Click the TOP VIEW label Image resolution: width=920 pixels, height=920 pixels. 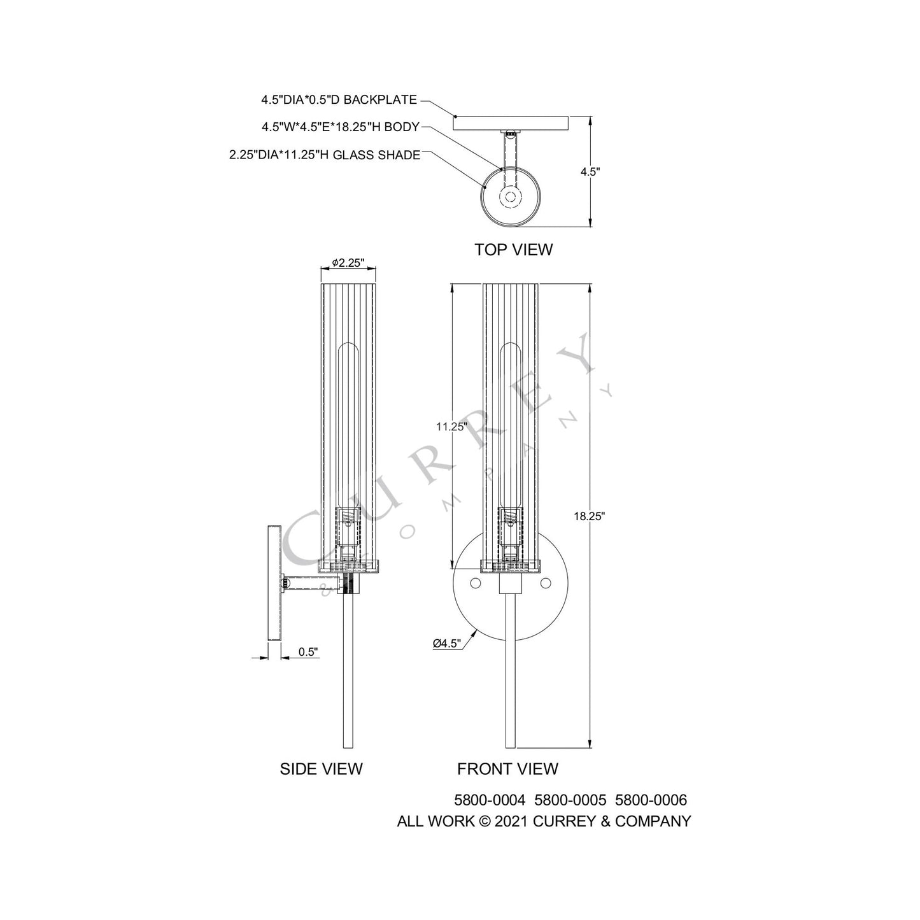click(513, 250)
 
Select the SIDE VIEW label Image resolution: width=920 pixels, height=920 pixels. click(321, 769)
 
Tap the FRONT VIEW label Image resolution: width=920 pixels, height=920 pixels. click(507, 769)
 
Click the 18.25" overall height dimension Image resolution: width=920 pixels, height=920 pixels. click(588, 516)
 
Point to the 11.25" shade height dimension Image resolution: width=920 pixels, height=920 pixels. click(451, 427)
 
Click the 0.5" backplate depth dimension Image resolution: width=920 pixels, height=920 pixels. click(308, 652)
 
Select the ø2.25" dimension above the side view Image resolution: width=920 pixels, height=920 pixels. click(348, 262)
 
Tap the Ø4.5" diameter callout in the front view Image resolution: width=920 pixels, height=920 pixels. click(446, 644)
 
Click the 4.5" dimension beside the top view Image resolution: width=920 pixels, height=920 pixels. click(590, 171)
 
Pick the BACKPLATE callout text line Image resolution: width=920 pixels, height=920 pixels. click(339, 100)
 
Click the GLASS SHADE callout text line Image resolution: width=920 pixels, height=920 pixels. click(325, 155)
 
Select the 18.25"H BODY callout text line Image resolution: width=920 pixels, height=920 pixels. click(340, 127)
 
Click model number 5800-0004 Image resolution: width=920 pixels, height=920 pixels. click(490, 800)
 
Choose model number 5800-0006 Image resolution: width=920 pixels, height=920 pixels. click(651, 800)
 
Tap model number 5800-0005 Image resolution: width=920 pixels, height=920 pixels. click(570, 800)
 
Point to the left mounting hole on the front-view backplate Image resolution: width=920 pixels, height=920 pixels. click(475, 583)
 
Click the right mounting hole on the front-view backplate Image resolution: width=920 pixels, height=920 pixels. click(545, 583)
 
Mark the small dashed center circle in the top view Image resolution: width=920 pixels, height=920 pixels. click(510, 197)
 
